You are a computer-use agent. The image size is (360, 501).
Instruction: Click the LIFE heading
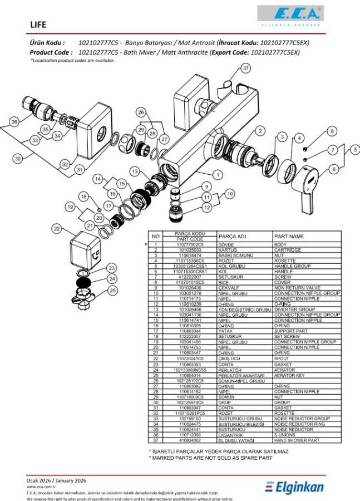pyautogui.click(x=39, y=24)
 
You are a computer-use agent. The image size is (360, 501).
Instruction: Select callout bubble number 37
pyautogui.click(x=246, y=68)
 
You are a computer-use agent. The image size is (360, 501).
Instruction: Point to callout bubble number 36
pyautogui.click(x=14, y=121)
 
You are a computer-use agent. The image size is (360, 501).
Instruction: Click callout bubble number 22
pyautogui.click(x=57, y=228)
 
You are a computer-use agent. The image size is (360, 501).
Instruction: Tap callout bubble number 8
pyautogui.click(x=332, y=131)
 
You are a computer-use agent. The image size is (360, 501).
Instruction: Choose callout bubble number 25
pyautogui.click(x=113, y=290)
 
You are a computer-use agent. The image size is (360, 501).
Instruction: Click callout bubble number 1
pyautogui.click(x=218, y=175)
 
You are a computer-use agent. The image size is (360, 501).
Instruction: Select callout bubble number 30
pyautogui.click(x=18, y=159)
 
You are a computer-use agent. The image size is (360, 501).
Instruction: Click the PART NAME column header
pyautogui.click(x=289, y=236)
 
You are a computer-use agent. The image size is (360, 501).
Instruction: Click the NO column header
pyautogui.click(x=155, y=236)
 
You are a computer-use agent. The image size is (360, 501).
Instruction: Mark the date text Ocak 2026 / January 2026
pyautogui.click(x=56, y=480)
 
